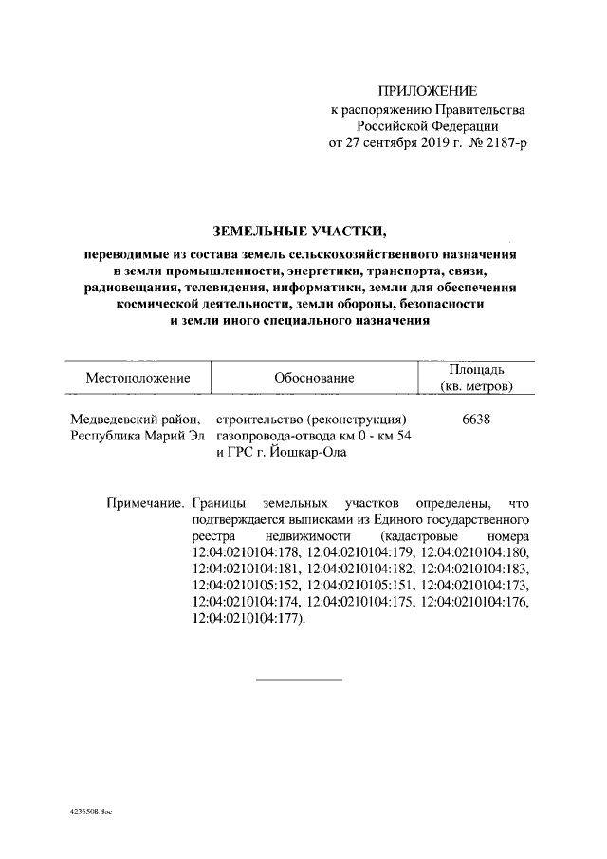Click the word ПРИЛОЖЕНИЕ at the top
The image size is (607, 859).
[x=426, y=92]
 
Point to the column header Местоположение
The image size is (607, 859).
[x=138, y=377]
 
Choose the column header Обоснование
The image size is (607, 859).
[x=314, y=377]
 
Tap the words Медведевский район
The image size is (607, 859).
[x=138, y=419]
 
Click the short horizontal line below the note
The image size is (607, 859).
[x=300, y=680]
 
